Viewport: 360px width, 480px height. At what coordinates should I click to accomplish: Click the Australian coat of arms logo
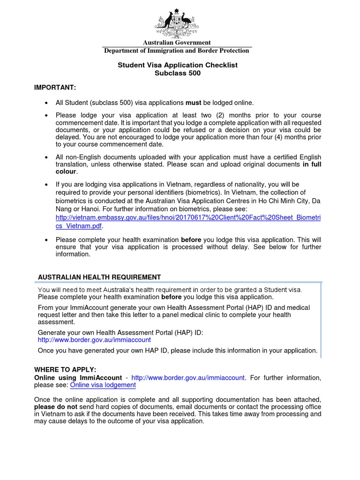(x=177, y=23)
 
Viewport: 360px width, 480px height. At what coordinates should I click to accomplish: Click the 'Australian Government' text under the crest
(x=177, y=43)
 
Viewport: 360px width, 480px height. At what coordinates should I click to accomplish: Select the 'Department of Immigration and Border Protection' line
(x=177, y=51)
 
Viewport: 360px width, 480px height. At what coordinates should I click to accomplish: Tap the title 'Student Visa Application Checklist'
(x=177, y=65)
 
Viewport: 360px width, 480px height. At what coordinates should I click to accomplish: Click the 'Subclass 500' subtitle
(x=177, y=73)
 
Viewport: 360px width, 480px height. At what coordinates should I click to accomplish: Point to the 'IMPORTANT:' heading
(x=55, y=88)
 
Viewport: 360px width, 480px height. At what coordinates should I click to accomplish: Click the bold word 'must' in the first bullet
(x=193, y=103)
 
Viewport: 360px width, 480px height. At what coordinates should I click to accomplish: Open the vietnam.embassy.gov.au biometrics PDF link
(x=187, y=218)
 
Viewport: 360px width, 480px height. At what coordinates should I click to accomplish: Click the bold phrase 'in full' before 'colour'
(x=312, y=165)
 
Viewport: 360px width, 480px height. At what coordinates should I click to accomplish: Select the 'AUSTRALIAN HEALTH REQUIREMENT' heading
(x=99, y=277)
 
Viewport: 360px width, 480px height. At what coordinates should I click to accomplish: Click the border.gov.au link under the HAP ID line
(x=94, y=339)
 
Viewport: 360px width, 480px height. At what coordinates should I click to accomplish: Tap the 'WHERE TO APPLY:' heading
(x=65, y=370)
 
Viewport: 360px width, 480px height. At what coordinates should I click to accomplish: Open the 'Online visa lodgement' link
(x=103, y=385)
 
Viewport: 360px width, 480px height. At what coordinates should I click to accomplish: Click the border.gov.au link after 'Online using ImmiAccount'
(x=188, y=377)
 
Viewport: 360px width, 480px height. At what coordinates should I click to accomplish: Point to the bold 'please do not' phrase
(x=54, y=407)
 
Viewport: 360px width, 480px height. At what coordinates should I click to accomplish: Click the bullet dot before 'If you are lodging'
(x=46, y=185)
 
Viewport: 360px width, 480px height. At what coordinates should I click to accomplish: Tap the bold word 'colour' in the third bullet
(x=66, y=172)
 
